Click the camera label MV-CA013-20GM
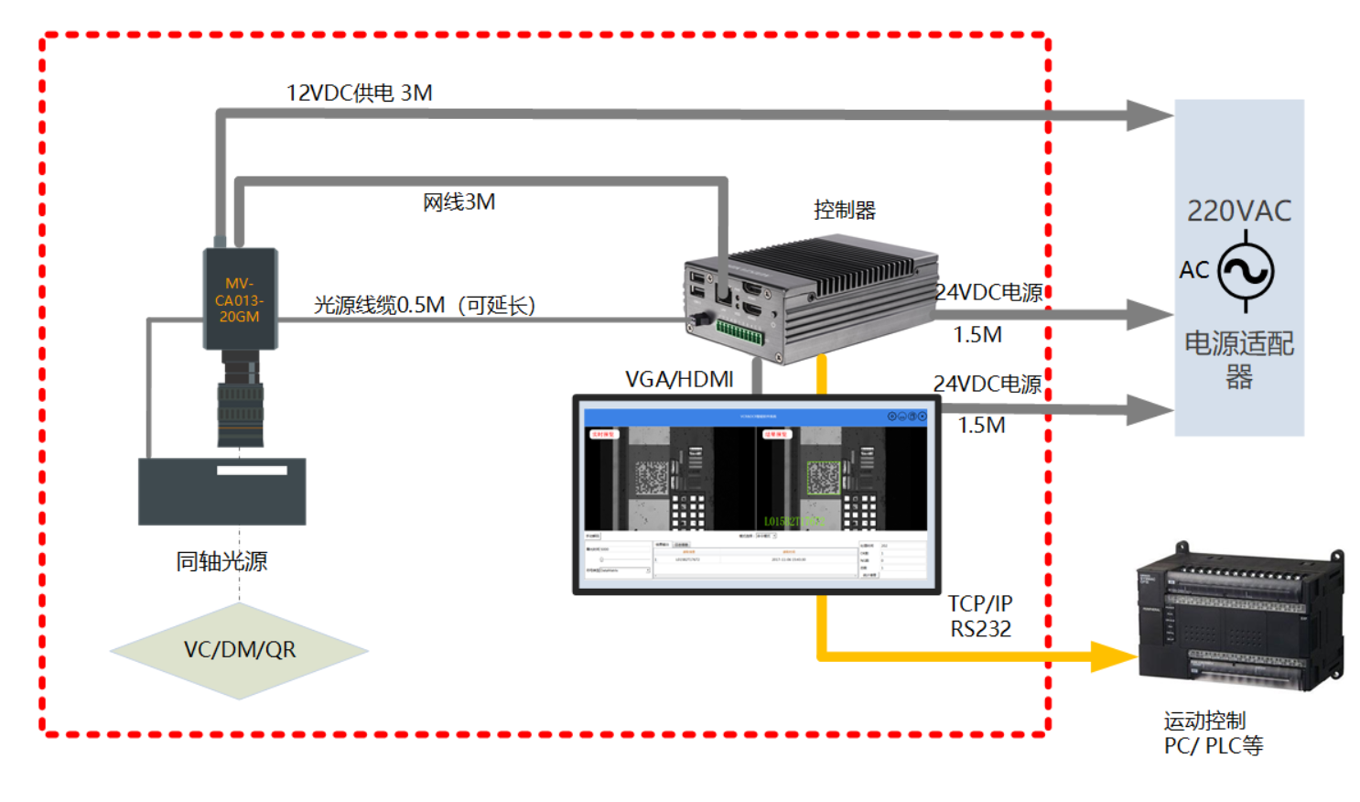tap(239, 300)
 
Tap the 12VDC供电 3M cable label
tap(359, 93)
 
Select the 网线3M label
tap(459, 202)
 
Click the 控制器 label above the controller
tap(844, 211)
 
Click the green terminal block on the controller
tap(739, 331)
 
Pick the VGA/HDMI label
tap(679, 379)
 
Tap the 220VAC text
tap(1238, 211)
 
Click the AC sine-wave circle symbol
tap(1246, 271)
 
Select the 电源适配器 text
tap(1238, 360)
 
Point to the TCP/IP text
tap(979, 604)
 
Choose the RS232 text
tap(980, 630)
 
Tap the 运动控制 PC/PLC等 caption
tap(1213, 733)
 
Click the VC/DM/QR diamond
tap(239, 650)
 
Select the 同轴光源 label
tap(221, 561)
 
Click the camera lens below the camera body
tap(241, 403)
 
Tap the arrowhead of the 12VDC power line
tap(1149, 115)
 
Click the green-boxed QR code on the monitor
tap(823, 478)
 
